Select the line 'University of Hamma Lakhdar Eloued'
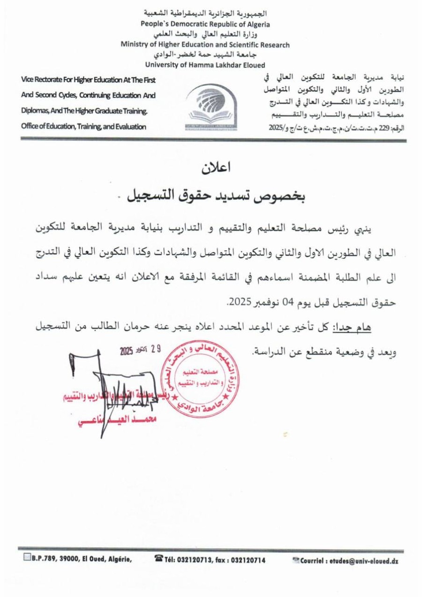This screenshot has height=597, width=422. point(205,65)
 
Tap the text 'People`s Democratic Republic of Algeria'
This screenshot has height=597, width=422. point(205,24)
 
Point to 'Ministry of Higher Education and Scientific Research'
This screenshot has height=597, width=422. point(205,45)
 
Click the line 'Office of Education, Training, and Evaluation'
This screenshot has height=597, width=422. point(83,126)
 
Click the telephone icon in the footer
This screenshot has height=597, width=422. point(158,559)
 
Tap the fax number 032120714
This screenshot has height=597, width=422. point(249,560)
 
